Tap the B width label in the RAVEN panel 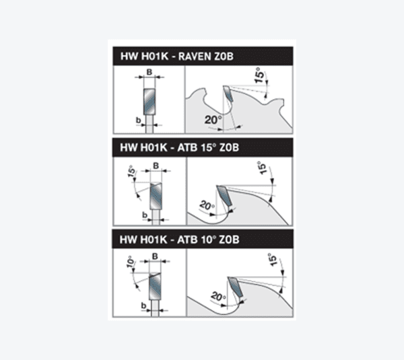coord(149,72)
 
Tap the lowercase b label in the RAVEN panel coord(138,120)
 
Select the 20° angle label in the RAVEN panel coord(213,120)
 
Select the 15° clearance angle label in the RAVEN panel coord(260,75)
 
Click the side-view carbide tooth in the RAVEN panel coord(228,94)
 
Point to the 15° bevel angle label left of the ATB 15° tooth coord(131,171)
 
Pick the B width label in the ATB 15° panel coord(156,166)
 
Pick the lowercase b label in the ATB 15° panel coord(145,215)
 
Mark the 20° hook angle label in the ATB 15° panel coord(207,206)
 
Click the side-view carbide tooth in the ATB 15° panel coord(224,195)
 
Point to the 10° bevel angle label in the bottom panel coord(131,262)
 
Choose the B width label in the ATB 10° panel coord(155,256)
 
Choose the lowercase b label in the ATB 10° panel coord(144,305)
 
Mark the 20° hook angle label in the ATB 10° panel coord(218,296)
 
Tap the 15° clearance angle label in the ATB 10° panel coord(272,260)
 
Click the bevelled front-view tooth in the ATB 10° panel coord(155,287)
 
